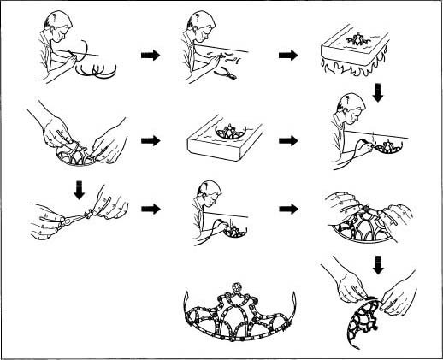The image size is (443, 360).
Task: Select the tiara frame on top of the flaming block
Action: click(353, 38)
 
